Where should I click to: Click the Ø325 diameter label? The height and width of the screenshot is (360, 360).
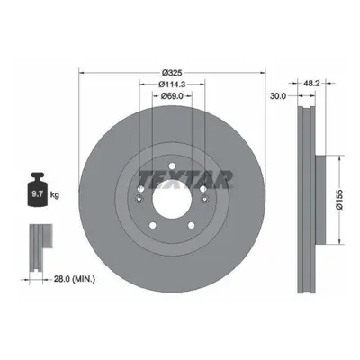172,73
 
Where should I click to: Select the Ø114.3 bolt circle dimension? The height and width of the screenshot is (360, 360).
172,85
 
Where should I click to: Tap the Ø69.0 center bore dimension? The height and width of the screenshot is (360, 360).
172,96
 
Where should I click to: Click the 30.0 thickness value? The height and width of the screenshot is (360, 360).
278,96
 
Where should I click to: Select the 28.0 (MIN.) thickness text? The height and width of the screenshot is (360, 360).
75,279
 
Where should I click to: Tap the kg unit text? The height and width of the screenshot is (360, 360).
55,195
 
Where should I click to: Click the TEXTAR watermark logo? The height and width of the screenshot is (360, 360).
185,180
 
